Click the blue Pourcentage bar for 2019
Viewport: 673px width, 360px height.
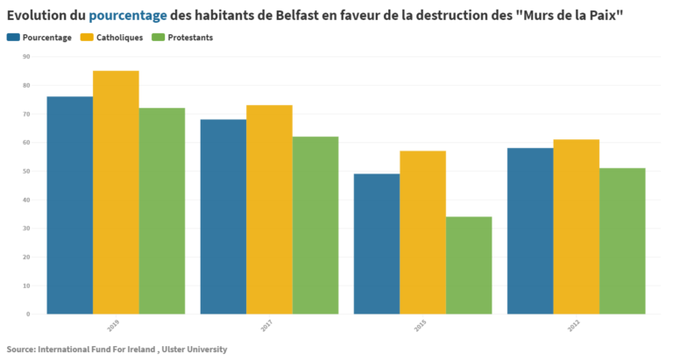(x=69, y=205)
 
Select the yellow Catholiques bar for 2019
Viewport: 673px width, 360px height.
(x=116, y=193)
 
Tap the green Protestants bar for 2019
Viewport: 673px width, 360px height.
(x=161, y=210)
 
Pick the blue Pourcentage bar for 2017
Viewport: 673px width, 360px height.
(x=223, y=216)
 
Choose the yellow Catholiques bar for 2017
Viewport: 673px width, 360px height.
(x=269, y=209)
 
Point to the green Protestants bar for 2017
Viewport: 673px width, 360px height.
(x=315, y=225)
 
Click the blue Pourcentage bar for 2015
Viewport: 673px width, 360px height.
(x=377, y=244)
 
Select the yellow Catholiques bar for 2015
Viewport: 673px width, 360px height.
(x=422, y=232)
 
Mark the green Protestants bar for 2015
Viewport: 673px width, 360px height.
(x=469, y=265)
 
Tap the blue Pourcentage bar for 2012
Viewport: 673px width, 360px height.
(x=530, y=230)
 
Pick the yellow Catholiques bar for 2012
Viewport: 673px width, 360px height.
(x=576, y=226)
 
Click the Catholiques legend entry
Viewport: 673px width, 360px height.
(x=111, y=38)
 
